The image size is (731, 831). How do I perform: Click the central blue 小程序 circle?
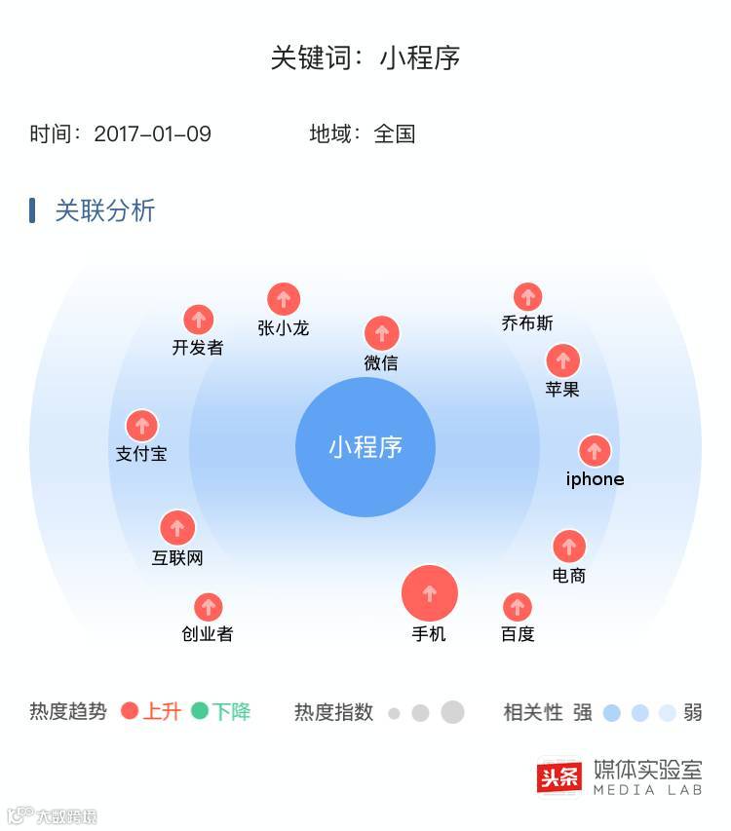pyautogui.click(x=365, y=447)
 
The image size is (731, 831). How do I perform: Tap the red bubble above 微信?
pyautogui.click(x=382, y=333)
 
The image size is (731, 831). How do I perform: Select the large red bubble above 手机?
pyautogui.click(x=430, y=592)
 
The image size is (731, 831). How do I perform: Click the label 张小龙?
pyautogui.click(x=283, y=328)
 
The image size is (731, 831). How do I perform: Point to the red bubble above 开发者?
pyautogui.click(x=199, y=320)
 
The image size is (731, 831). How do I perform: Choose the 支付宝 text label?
pyautogui.click(x=141, y=454)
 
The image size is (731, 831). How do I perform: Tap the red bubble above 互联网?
pyautogui.click(x=177, y=528)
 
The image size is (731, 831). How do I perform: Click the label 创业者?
pyautogui.click(x=208, y=634)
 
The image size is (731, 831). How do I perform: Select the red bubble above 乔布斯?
pyautogui.click(x=527, y=296)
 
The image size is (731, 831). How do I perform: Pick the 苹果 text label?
pyautogui.click(x=562, y=389)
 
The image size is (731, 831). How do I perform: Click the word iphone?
pyautogui.click(x=595, y=479)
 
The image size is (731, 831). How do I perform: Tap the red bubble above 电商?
pyautogui.click(x=569, y=546)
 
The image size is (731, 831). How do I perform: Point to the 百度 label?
pyautogui.click(x=518, y=634)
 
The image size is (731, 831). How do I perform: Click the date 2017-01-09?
pyautogui.click(x=152, y=134)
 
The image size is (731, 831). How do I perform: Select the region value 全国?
pyautogui.click(x=395, y=134)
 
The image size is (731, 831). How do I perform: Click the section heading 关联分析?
pyautogui.click(x=104, y=210)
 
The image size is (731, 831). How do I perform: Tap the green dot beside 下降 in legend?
pyautogui.click(x=200, y=711)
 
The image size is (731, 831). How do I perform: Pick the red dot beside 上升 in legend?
pyautogui.click(x=130, y=711)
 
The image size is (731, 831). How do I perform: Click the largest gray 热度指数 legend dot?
pyautogui.click(x=452, y=712)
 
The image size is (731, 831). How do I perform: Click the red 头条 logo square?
pyautogui.click(x=559, y=776)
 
